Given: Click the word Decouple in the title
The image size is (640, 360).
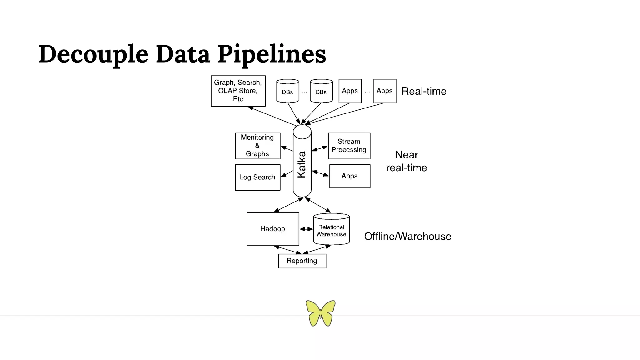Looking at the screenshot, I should pyautogui.click(x=93, y=54).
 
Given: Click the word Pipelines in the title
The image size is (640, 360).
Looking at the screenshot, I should pyautogui.click(x=272, y=54).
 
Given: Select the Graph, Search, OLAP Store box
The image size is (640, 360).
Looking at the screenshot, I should pyautogui.click(x=238, y=91).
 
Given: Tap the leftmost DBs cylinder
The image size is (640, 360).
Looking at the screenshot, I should pyautogui.click(x=287, y=91).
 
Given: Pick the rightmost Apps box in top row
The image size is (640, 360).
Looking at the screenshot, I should pyautogui.click(x=385, y=91).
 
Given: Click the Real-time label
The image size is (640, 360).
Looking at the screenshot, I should pyautogui.click(x=424, y=91).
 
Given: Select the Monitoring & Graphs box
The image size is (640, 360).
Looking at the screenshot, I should pyautogui.click(x=257, y=146).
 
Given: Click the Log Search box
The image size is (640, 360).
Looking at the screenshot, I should pyautogui.click(x=257, y=177).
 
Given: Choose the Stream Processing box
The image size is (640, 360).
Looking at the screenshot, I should pyautogui.click(x=349, y=146).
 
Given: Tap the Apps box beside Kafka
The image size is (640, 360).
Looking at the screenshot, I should pyautogui.click(x=350, y=176).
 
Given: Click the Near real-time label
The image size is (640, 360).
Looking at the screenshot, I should pyautogui.click(x=406, y=161).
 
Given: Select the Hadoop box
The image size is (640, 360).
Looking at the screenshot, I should pyautogui.click(x=273, y=229).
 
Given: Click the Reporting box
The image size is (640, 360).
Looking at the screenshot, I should pyautogui.click(x=302, y=261).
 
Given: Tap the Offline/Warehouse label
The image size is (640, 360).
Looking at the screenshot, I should pyautogui.click(x=407, y=237).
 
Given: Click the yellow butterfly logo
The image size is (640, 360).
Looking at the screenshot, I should pyautogui.click(x=320, y=313).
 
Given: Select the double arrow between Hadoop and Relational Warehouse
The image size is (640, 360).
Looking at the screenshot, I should pyautogui.click(x=306, y=229).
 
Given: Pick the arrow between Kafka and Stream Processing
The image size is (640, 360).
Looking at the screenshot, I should pyautogui.click(x=320, y=148).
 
